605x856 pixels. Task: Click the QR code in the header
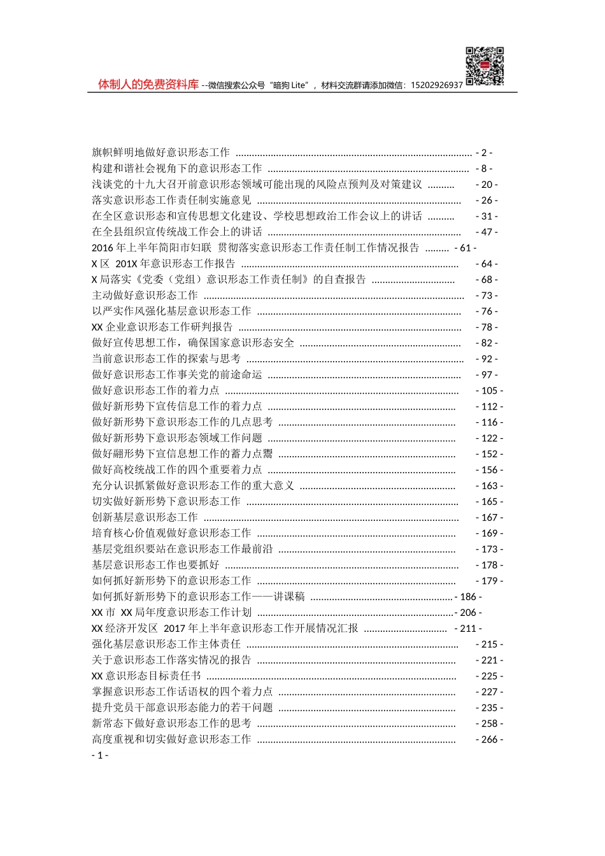485,66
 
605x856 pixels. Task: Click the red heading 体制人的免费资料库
148,84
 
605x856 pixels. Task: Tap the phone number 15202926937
437,85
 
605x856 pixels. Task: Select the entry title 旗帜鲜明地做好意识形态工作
161,153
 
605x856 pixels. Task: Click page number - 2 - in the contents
484,153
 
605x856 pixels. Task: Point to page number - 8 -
484,169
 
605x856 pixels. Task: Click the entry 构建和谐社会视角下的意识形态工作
177,169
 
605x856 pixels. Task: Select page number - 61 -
466,248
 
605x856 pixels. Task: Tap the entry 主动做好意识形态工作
145,296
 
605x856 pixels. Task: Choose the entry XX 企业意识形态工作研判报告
162,327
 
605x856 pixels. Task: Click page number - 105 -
489,390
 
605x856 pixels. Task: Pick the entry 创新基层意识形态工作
145,517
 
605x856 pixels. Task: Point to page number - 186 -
468,597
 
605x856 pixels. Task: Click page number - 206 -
468,613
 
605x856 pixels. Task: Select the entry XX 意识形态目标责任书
146,676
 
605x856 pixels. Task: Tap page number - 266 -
489,739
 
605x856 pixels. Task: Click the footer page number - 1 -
100,755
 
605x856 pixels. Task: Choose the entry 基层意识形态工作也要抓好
156,565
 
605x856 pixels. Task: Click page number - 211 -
468,629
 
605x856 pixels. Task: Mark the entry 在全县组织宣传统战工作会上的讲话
177,232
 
